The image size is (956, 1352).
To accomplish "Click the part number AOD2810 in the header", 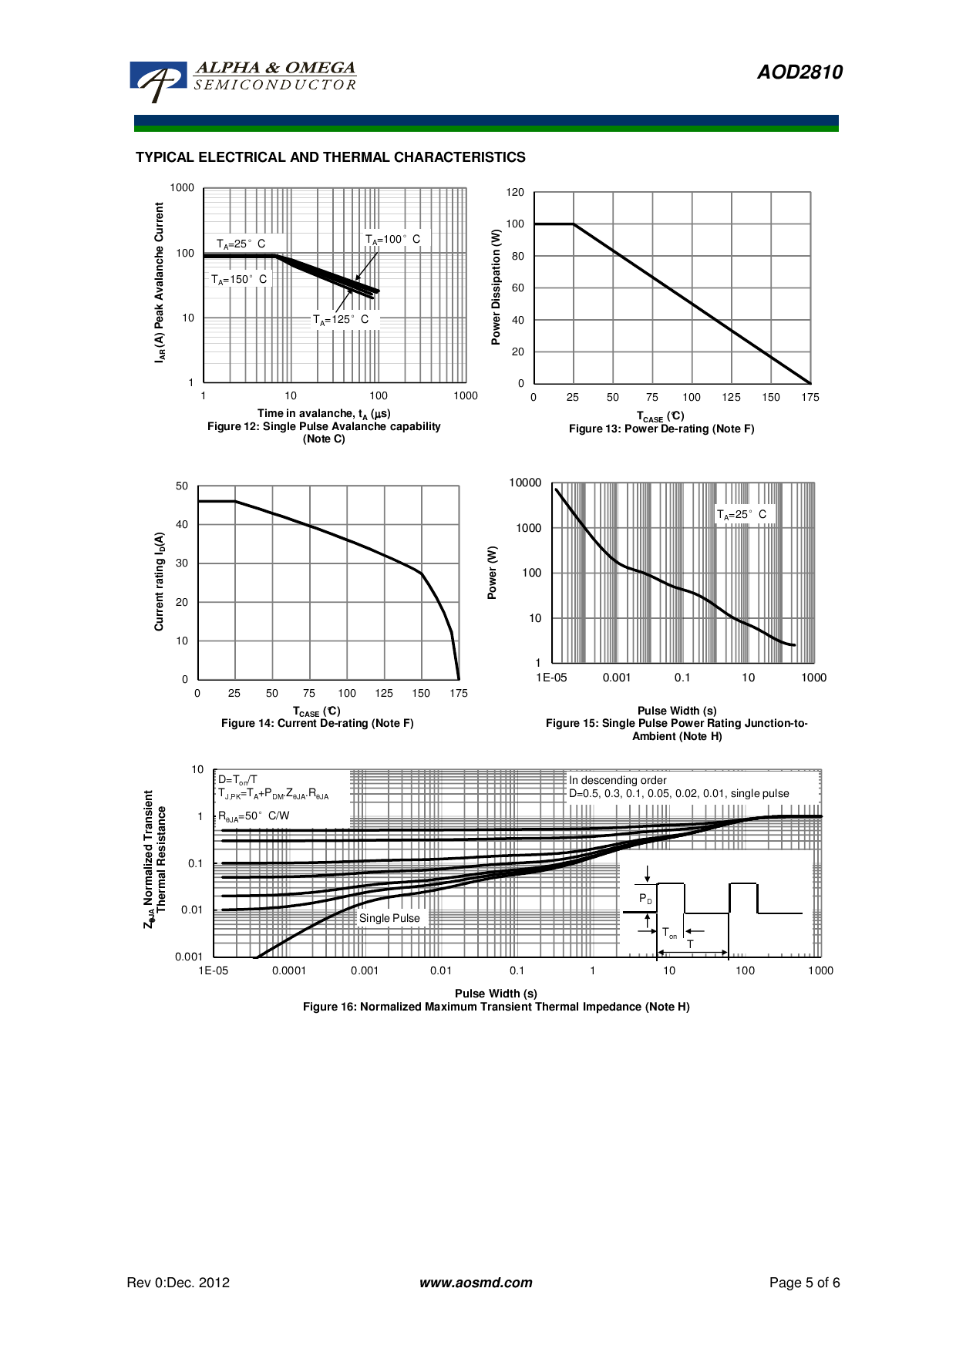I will point(799,72).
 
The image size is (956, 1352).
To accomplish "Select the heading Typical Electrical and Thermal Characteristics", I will point(330,157).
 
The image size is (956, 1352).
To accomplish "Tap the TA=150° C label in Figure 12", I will point(239,280).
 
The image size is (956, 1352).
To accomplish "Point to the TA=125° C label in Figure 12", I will point(341,320).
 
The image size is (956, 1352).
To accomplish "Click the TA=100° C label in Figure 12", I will point(392,240).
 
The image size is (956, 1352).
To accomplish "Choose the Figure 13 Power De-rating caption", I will point(661,429).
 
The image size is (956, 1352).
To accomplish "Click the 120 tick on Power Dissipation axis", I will point(515,193).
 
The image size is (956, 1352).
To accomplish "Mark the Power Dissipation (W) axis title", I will point(497,287).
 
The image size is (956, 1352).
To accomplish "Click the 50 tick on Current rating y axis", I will point(182,486).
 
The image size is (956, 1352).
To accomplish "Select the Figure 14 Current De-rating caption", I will point(318,724).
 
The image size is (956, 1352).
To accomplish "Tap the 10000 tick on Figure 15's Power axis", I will point(525,483).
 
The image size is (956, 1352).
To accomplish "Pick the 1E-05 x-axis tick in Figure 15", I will point(551,678).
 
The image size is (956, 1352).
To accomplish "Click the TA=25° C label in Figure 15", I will point(742,515).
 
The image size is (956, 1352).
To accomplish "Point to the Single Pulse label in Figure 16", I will point(389,919).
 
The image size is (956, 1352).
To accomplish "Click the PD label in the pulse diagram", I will point(645,899).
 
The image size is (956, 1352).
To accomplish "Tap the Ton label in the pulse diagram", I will point(669,933).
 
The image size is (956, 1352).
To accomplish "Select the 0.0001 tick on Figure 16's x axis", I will point(289,971).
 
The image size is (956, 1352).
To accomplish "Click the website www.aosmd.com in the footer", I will point(476,1283).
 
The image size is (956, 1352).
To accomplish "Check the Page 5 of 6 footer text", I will point(804,1283).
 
